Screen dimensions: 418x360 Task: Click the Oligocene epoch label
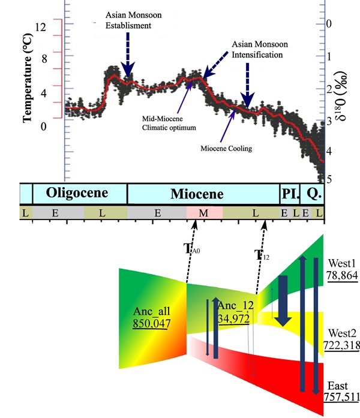pyautogui.click(x=79, y=194)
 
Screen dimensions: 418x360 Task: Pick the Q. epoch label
pyautogui.click(x=313, y=194)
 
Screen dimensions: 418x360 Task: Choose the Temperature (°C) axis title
pyautogui.click(x=27, y=84)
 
